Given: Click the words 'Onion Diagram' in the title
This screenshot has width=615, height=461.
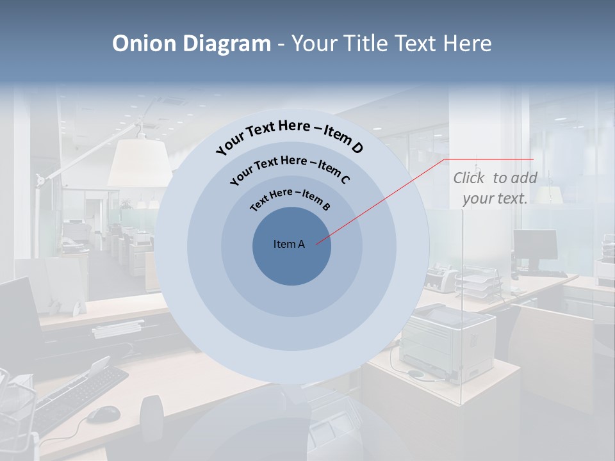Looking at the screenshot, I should (191, 44).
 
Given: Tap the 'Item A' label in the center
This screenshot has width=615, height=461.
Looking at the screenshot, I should (289, 244).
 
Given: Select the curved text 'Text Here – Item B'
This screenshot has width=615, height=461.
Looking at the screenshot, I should (290, 199).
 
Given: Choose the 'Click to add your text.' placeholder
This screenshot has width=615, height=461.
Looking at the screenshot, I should (495, 188).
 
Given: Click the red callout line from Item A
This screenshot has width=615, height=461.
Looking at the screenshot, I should (384, 200).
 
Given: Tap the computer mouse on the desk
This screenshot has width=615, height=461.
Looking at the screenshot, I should (103, 414).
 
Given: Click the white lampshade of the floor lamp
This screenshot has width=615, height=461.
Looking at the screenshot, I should (140, 163).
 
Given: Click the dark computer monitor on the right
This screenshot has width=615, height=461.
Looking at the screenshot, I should (535, 245).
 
